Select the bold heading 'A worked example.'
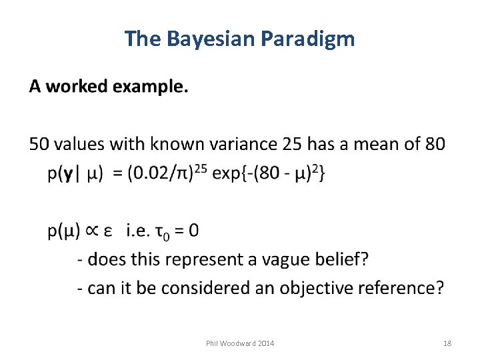109,87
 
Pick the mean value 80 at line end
434,144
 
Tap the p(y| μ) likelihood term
75,174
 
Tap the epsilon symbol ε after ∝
111,232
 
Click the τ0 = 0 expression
177,231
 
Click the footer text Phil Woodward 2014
239,343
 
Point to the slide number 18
447,343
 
